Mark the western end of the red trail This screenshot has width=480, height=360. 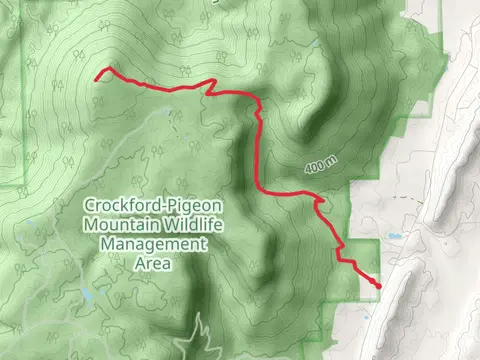pyautogui.click(x=97, y=76)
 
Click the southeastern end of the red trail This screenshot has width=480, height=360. pyautogui.click(x=379, y=286)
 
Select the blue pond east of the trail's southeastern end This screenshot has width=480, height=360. pyautogui.click(x=395, y=237)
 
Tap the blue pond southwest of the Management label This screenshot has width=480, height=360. pyautogui.click(x=88, y=297)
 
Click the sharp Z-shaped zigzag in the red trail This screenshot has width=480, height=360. pyautogui.click(x=212, y=89)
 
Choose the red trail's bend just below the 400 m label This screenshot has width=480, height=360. pyautogui.click(x=320, y=204)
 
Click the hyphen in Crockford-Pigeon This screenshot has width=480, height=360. pyautogui.click(x=159, y=207)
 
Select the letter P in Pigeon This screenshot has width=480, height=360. pyautogui.click(x=169, y=207)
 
